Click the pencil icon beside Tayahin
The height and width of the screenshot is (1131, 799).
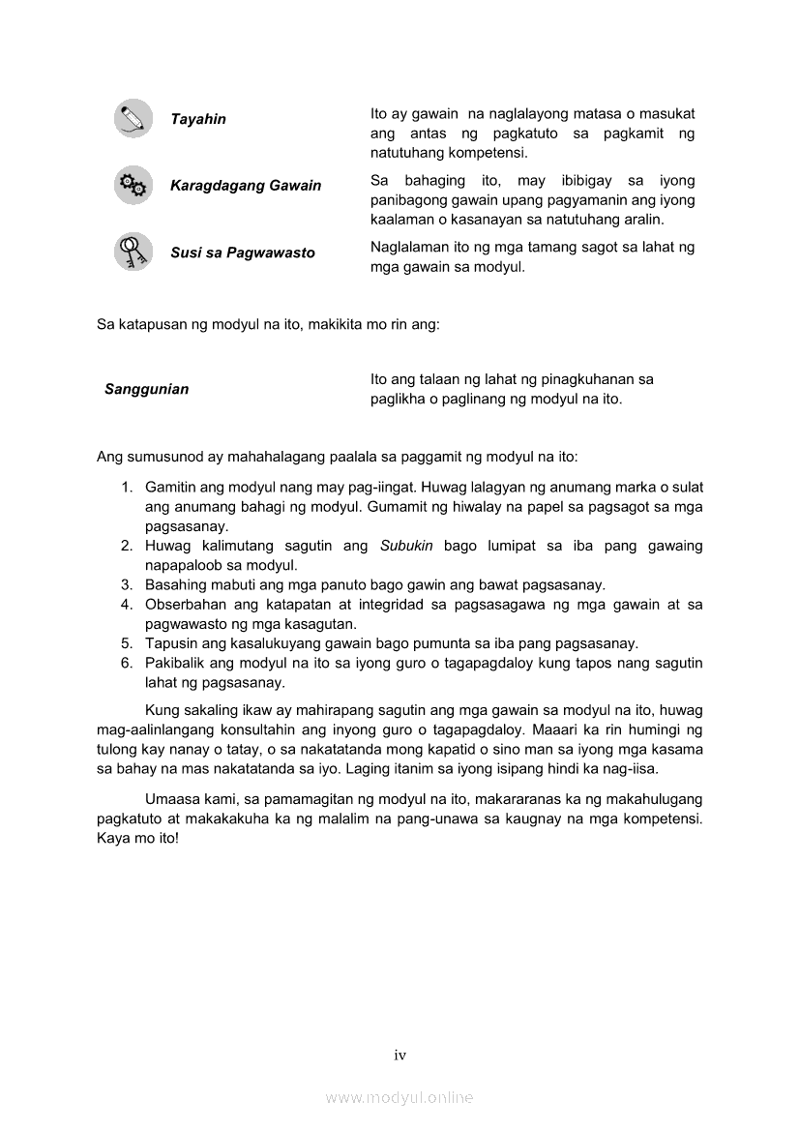point(133,118)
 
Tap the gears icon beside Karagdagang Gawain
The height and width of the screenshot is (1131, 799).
point(133,185)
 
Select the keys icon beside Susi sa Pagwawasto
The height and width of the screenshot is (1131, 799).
point(133,252)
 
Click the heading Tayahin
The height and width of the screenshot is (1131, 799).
point(198,119)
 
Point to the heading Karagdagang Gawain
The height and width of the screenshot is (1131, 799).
point(246,186)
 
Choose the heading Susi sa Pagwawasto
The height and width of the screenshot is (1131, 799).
point(243,253)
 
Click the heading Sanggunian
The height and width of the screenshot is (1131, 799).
point(147,389)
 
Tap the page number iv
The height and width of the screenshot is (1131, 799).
point(399,1056)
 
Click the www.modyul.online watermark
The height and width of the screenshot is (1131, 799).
point(399,1097)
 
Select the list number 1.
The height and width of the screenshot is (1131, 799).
point(126,488)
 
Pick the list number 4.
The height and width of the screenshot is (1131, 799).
point(126,605)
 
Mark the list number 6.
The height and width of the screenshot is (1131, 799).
point(126,664)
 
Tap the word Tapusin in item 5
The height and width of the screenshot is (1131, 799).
point(170,644)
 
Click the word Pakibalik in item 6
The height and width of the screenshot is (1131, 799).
point(174,664)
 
